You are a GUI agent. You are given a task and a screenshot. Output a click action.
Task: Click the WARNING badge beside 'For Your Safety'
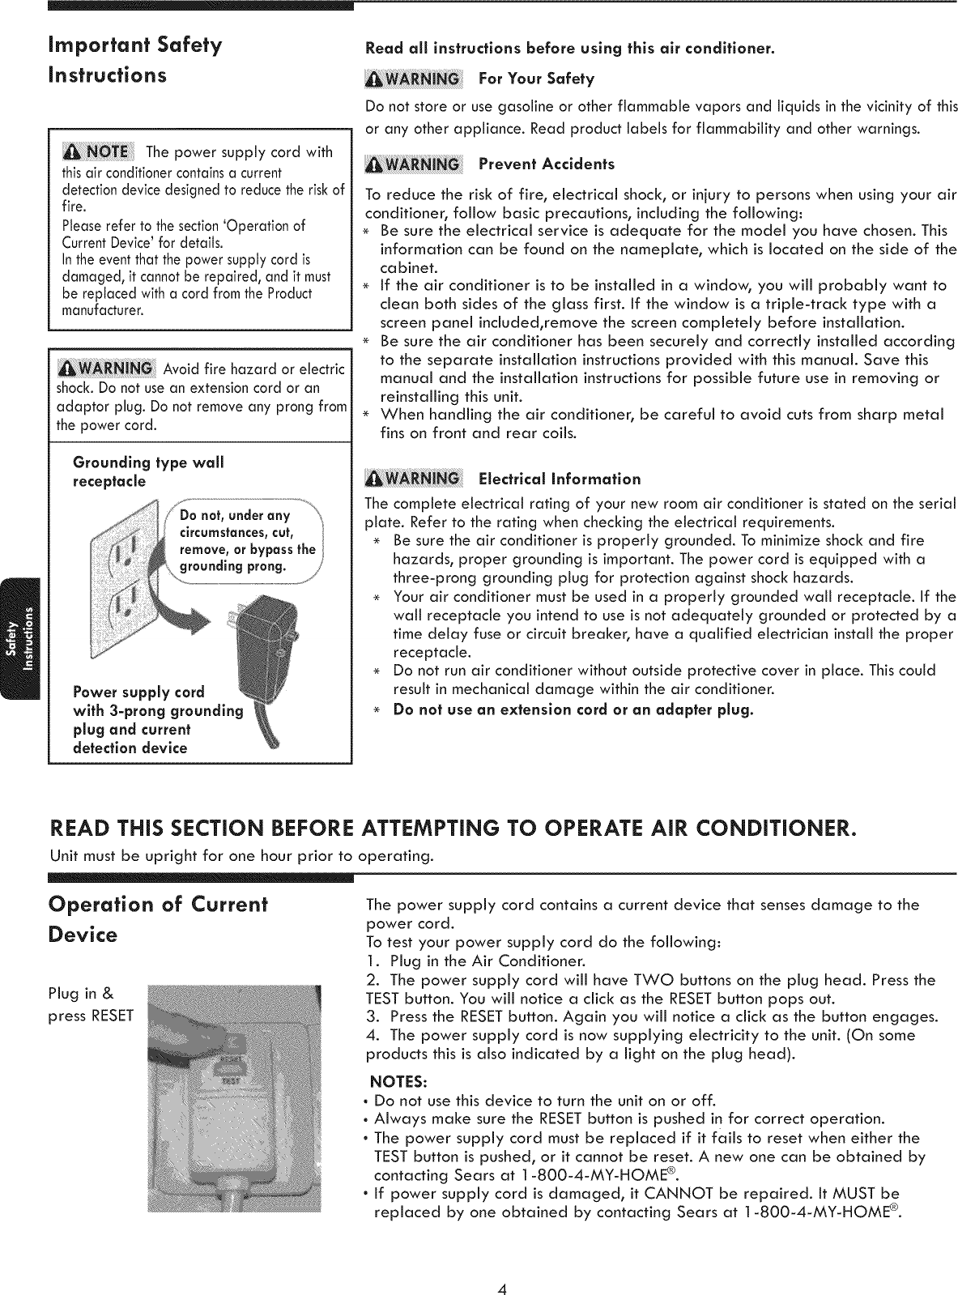click(x=413, y=79)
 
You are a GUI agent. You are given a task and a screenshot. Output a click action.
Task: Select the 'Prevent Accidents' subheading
click(x=547, y=164)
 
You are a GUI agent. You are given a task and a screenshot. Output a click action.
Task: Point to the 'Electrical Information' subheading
click(x=560, y=479)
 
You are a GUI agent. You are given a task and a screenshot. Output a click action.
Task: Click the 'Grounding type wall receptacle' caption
click(x=148, y=471)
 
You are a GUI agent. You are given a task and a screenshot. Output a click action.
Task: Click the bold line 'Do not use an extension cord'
click(x=573, y=710)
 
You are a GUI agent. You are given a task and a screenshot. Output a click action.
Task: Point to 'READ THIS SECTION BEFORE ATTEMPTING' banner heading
click(x=452, y=830)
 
